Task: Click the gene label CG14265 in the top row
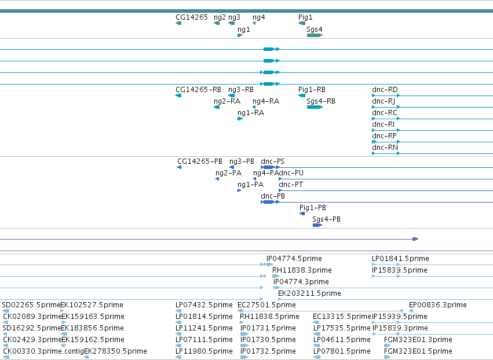[192, 17]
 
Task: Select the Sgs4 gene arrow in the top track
[315, 35]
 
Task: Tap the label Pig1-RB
[312, 90]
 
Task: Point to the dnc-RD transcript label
[385, 90]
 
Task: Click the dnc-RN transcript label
[385, 148]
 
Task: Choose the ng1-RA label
[251, 113]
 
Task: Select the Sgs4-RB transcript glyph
[315, 107]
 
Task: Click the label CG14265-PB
[200, 161]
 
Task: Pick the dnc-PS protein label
[272, 161]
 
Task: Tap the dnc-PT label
[290, 185]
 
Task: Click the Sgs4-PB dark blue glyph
[317, 225]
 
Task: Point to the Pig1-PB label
[312, 208]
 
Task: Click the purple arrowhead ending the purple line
[415, 239]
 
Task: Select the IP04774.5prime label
[294, 259]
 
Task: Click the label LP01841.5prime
[400, 259]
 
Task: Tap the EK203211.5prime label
[309, 293]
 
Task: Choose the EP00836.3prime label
[437, 305]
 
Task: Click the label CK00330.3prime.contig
[43, 351]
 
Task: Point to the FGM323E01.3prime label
[418, 340]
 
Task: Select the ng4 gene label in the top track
[258, 17]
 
